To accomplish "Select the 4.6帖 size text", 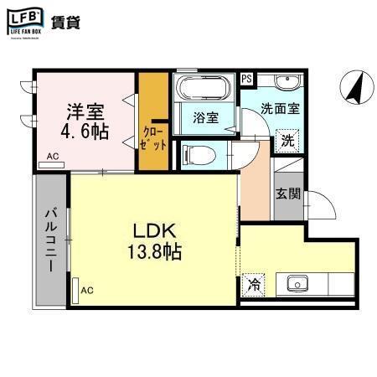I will point(84,132).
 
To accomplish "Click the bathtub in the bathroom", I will point(204,88).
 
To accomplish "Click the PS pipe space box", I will point(246,79).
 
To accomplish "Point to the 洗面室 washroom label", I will point(279,107).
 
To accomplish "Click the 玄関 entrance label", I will point(287,193).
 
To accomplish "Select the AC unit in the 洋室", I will point(52,157).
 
